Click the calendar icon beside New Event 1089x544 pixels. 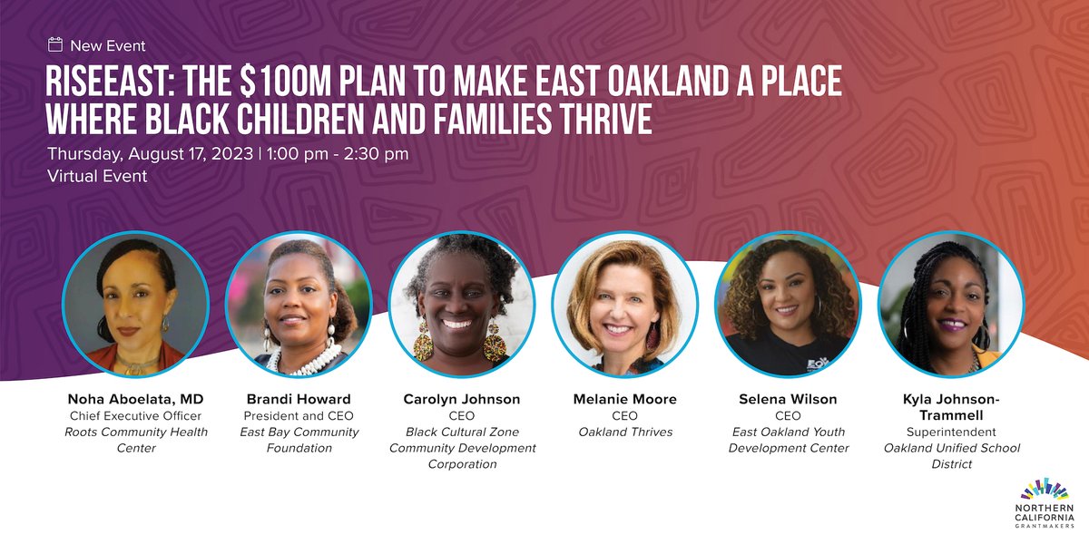(55, 44)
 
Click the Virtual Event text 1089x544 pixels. (97, 176)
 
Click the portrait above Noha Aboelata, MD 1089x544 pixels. (135, 304)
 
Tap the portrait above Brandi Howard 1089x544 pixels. (299, 304)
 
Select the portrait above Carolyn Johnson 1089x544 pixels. (462, 304)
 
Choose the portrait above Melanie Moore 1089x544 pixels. (625, 304)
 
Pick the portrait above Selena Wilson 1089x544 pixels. (789, 304)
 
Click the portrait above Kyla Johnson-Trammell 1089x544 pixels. (952, 304)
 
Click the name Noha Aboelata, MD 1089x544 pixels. (135, 399)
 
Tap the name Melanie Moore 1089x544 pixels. (625, 399)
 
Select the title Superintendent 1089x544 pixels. (952, 432)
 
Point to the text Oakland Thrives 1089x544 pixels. (625, 432)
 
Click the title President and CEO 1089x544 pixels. (299, 415)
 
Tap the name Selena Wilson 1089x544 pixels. (789, 399)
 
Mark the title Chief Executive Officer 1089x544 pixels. (135, 415)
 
